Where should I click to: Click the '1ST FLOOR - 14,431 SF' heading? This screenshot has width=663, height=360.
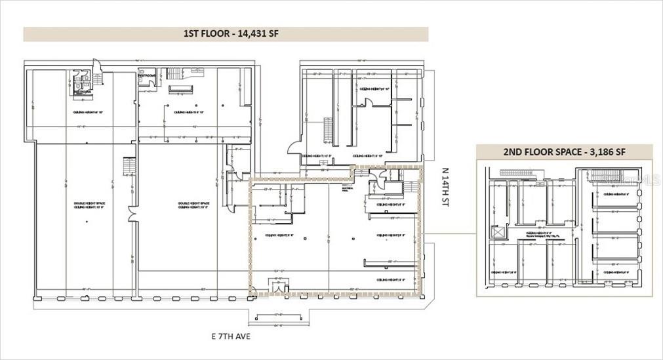click(226, 34)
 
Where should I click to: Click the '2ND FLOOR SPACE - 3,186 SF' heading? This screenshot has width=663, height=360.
click(564, 152)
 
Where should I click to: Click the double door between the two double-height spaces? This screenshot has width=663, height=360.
click(132, 214)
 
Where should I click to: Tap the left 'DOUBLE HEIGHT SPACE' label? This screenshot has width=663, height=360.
click(86, 205)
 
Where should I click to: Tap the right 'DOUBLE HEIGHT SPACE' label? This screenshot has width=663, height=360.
click(193, 205)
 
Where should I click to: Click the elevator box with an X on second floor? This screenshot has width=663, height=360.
click(498, 231)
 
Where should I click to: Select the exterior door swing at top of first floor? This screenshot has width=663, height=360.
click(98, 66)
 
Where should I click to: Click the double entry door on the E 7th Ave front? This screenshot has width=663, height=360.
click(279, 285)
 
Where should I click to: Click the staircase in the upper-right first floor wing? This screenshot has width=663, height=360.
click(328, 129)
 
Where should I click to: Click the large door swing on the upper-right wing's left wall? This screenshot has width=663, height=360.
click(294, 147)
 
